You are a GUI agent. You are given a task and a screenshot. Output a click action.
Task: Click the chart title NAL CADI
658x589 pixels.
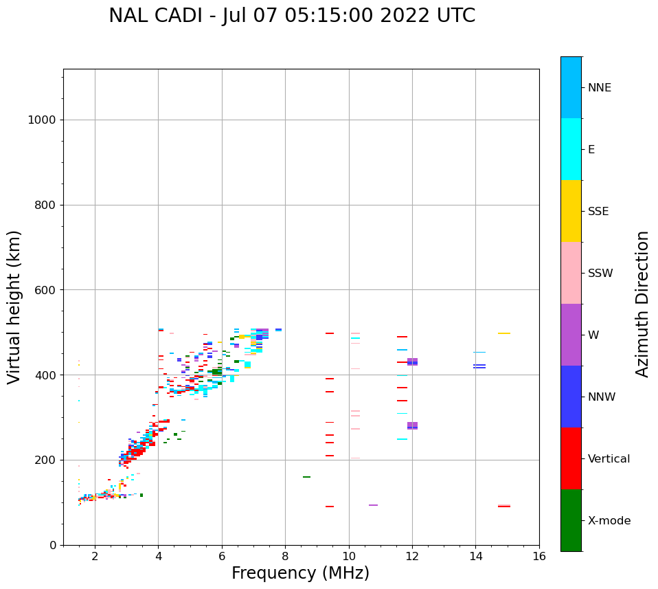(292, 16)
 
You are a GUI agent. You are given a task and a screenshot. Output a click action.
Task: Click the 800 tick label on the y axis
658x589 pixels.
(45, 205)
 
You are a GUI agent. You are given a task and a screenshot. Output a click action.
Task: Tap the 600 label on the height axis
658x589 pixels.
(45, 290)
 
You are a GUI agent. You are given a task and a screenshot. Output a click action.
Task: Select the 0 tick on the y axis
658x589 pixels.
(52, 545)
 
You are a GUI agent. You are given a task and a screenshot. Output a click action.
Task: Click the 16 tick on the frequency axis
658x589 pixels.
(539, 555)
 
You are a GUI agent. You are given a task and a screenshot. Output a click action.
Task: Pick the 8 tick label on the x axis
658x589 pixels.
(285, 555)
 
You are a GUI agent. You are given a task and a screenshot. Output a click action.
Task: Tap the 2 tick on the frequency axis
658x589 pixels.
(95, 555)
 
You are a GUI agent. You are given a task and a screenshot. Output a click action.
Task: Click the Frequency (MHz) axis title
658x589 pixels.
(300, 573)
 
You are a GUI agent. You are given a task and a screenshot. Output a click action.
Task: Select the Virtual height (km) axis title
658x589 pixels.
(14, 307)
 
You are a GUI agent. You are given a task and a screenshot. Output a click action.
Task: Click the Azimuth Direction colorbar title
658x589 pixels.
(642, 304)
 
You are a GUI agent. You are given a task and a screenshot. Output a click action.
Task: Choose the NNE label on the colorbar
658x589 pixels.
(599, 88)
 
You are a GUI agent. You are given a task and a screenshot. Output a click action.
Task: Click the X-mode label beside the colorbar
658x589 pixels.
(609, 521)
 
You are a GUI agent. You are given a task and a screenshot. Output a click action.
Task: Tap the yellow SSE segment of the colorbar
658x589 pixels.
(571, 211)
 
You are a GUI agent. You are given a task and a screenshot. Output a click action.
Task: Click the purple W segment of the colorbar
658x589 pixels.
(571, 335)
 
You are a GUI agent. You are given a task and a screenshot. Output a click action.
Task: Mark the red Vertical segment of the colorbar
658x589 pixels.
(571, 458)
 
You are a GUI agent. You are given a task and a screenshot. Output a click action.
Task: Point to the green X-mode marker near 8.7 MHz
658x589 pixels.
(306, 477)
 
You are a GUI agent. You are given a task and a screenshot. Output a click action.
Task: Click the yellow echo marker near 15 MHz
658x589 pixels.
(504, 333)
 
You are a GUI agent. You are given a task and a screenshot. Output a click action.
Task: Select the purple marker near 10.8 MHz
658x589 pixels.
(373, 505)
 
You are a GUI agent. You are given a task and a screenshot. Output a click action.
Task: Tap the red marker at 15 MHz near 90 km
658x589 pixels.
(504, 507)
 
